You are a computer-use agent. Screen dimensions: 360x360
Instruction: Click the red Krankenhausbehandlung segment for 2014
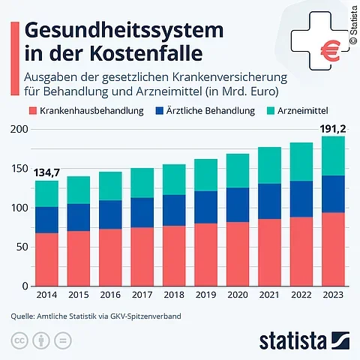coord(46,259)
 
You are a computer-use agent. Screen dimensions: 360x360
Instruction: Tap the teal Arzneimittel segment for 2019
coord(205,175)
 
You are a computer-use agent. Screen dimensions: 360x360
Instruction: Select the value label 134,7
coord(46,172)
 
